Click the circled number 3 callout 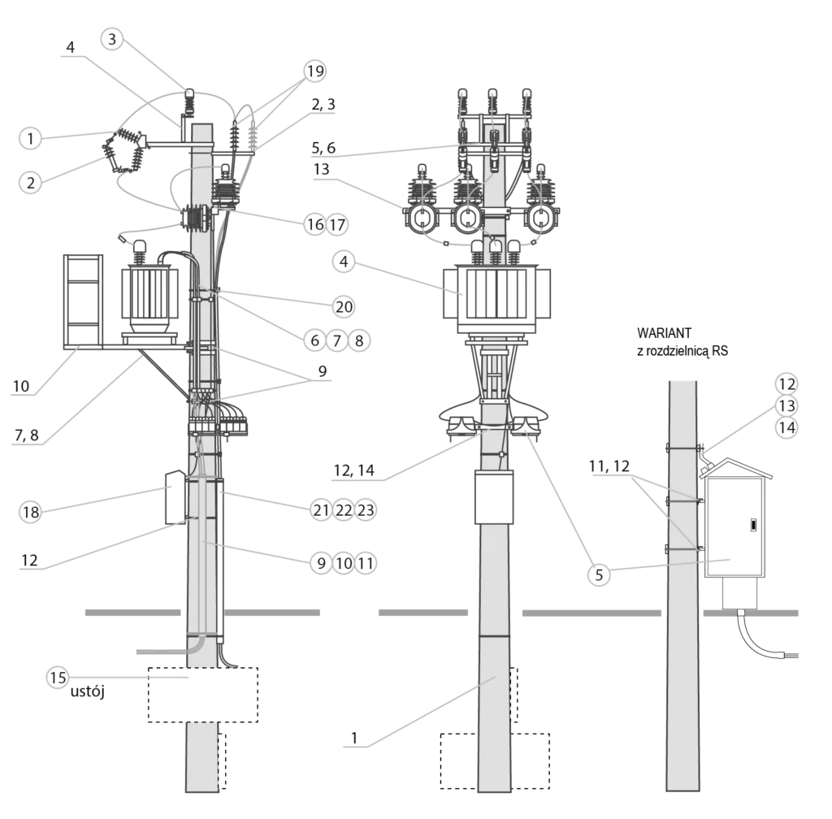[x=112, y=39]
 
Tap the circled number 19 [x=315, y=71]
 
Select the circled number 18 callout [x=30, y=513]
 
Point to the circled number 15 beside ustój [x=58, y=678]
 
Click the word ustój [x=88, y=691]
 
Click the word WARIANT [x=665, y=333]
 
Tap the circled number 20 [x=344, y=306]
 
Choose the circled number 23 [x=366, y=510]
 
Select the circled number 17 [x=337, y=225]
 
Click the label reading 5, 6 [x=323, y=148]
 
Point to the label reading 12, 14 [x=354, y=470]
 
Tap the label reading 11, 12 [x=609, y=466]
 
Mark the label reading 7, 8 [x=27, y=435]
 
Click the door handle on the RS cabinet [x=753, y=526]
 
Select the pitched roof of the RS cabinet [x=734, y=469]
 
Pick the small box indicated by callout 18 [x=175, y=497]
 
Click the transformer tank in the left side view [x=149, y=300]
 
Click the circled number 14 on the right [x=786, y=427]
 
